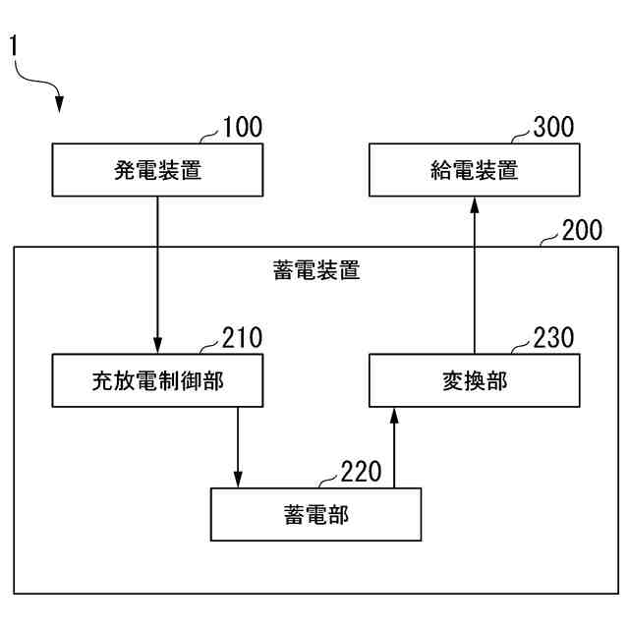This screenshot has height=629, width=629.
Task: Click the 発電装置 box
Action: pyautogui.click(x=158, y=170)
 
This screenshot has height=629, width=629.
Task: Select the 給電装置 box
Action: pyautogui.click(x=474, y=170)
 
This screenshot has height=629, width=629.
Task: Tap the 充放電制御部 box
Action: pyautogui.click(x=158, y=380)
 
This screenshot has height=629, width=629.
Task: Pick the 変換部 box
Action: pyautogui.click(x=474, y=380)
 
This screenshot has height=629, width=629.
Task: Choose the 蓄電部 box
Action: pyautogui.click(x=316, y=513)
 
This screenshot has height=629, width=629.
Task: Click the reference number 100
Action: pyautogui.click(x=243, y=128)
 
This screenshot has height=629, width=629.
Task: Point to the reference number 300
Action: pyautogui.click(x=553, y=128)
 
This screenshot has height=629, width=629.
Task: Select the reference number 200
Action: pyautogui.click(x=582, y=231)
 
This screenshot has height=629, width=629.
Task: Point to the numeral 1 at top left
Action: pyautogui.click(x=14, y=46)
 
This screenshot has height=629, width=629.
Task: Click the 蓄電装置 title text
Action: pyautogui.click(x=316, y=270)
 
